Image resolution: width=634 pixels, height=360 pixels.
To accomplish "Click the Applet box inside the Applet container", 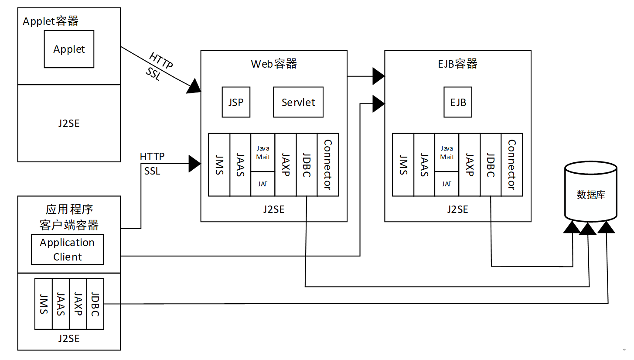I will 69,49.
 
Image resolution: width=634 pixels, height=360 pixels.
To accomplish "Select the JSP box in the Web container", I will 236,102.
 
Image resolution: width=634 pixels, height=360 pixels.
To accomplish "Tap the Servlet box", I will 298,102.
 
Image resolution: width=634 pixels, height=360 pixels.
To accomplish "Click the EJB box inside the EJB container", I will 458,102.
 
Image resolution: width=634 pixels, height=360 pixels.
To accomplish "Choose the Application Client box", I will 67,250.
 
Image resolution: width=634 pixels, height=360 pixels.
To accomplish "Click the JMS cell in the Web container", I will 219,165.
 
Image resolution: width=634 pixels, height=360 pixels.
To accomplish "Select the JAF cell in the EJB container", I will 447,184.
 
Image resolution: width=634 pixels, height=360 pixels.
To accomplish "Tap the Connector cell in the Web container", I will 328,165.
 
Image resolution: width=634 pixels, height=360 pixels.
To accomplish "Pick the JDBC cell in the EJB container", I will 491,165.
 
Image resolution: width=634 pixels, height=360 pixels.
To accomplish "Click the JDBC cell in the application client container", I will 95,304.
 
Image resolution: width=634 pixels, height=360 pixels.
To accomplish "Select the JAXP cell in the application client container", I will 78,304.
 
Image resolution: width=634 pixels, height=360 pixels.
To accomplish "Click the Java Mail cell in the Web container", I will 263,152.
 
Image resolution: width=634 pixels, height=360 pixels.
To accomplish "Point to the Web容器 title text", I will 274,64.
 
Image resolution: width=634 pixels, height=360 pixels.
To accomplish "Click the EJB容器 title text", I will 457,64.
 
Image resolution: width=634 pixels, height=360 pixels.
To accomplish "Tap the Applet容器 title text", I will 51,21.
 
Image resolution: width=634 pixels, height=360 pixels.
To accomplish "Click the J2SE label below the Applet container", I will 69,123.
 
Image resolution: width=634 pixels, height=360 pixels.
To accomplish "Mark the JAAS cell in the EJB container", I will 424,165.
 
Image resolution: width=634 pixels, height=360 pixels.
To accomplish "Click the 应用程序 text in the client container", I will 69,209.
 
